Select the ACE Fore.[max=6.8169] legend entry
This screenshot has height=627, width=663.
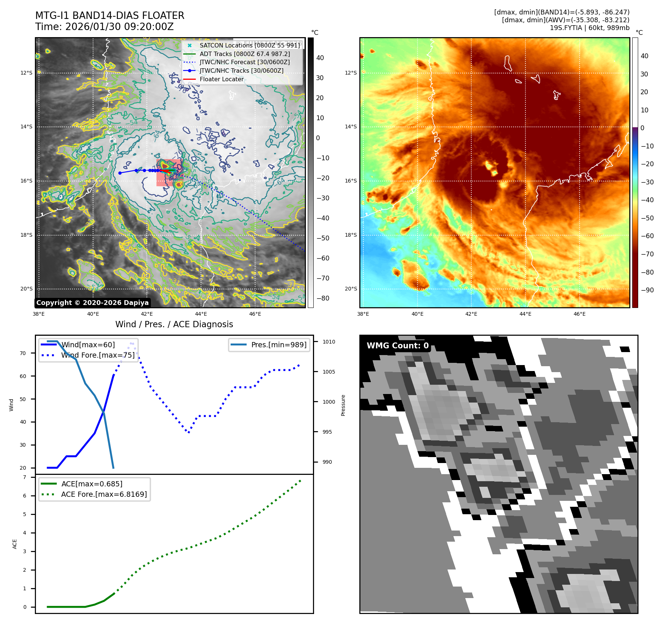[104, 494]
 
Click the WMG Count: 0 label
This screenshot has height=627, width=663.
[398, 345]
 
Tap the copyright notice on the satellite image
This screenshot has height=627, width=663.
[92, 303]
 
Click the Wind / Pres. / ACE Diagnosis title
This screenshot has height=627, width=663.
[174, 324]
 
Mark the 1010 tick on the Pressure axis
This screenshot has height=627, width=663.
[329, 342]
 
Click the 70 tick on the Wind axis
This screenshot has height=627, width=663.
[23, 353]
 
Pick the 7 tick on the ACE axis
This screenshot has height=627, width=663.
[24, 477]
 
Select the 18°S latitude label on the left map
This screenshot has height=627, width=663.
[26, 235]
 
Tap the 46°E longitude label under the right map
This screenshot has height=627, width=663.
[580, 314]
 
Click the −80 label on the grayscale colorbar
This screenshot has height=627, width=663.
[323, 298]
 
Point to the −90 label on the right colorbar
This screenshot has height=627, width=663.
[647, 290]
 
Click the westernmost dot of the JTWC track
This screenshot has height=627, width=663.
[120, 173]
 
